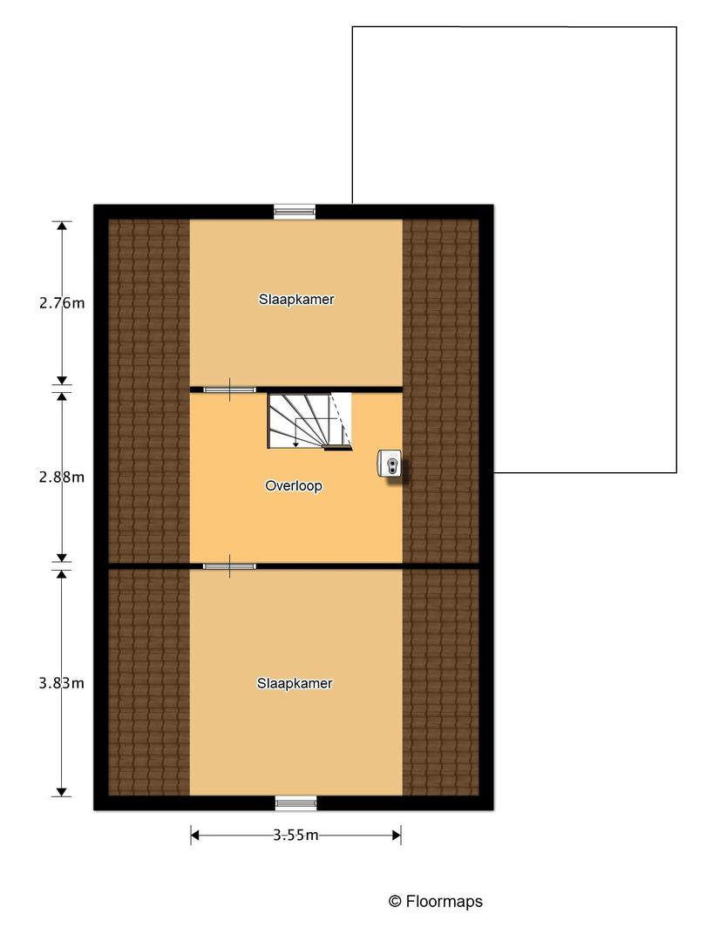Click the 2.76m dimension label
[x=62, y=303]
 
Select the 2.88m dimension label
[x=62, y=477]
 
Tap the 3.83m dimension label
[x=62, y=683]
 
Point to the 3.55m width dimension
[x=296, y=835]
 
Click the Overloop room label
[x=294, y=485]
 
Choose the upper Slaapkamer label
[x=296, y=299]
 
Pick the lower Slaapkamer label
[x=295, y=683]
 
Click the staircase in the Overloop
[x=309, y=421]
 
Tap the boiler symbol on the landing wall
[x=390, y=464]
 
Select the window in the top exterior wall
[x=295, y=211]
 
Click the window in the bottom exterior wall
[x=296, y=803]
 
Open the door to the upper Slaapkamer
[x=229, y=389]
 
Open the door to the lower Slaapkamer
[x=229, y=566]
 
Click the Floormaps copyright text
[x=436, y=902]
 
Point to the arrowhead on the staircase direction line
[x=296, y=443]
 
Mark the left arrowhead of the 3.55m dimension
[x=195, y=835]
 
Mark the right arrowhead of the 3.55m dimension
[x=397, y=835]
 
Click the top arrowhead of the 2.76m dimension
[x=61, y=227]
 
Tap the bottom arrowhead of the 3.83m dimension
[x=61, y=792]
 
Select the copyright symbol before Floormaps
[x=395, y=902]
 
